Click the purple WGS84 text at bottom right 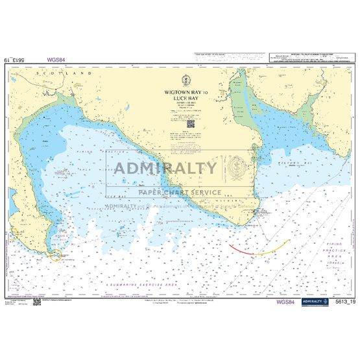click(285, 302)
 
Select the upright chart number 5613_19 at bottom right click(342, 302)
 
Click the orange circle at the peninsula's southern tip click(56, 255)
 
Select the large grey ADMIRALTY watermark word click(166, 169)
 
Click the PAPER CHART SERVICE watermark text click(180, 193)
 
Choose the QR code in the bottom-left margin click(38, 302)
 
